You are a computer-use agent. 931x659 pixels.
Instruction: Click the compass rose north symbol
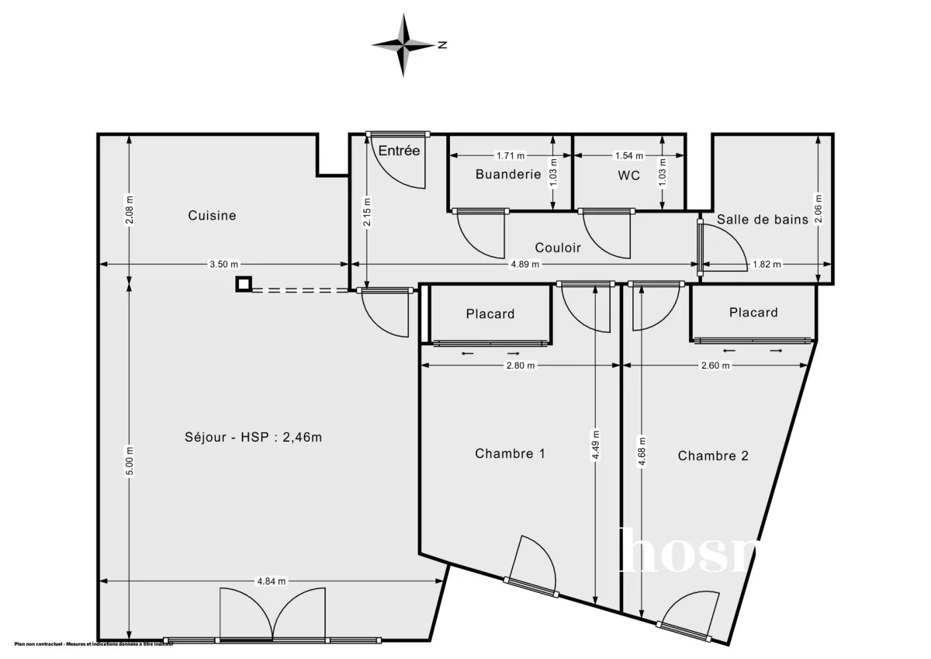pos(404,45)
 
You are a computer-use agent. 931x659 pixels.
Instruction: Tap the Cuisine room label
pos(212,216)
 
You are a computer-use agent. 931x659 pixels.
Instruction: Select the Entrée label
pos(399,151)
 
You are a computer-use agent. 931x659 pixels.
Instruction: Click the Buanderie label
pos(508,175)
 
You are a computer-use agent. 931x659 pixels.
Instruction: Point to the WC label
pos(629,175)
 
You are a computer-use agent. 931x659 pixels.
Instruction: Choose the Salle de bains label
pos(762,220)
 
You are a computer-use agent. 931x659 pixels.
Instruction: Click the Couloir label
pos(558,248)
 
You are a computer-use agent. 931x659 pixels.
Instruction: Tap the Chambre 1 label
pos(510,453)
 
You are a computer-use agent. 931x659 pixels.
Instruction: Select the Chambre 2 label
pos(713,456)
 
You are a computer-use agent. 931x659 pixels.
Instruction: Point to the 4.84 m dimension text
pos(271,581)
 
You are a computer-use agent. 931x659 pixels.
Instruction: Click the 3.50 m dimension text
pos(223,264)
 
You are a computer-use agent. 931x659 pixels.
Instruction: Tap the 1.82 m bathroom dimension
pos(767,264)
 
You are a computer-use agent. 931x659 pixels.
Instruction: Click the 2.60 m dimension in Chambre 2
pos(715,366)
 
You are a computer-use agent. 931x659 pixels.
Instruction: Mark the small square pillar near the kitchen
pos(244,285)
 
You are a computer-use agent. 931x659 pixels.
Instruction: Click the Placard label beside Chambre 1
pos(490,314)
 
